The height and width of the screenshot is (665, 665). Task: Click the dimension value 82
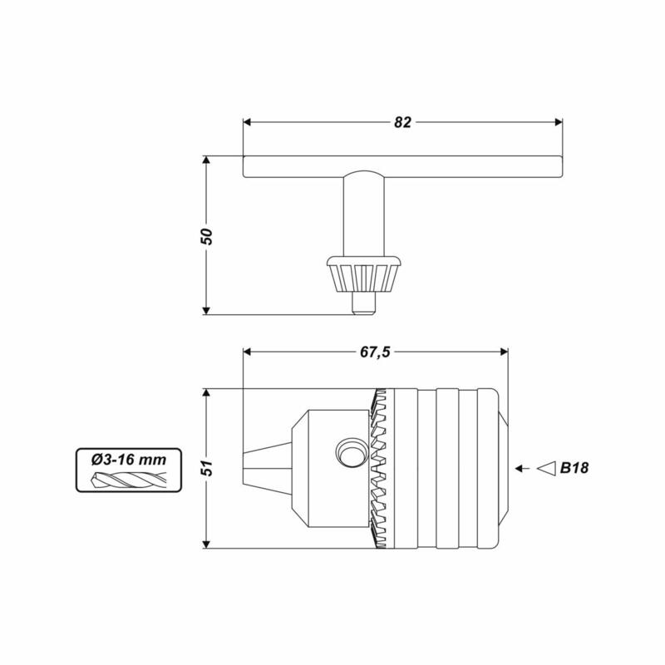(402, 122)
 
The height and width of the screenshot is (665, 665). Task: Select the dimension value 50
(206, 236)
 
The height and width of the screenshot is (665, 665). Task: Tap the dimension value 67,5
(375, 352)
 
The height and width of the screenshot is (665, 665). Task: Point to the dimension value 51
(206, 468)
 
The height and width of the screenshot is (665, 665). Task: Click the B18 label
(574, 468)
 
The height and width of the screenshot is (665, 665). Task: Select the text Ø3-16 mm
(129, 460)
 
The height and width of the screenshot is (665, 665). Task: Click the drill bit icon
(129, 480)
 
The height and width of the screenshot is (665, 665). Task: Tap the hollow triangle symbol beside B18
(546, 468)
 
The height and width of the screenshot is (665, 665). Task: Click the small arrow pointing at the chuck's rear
(523, 468)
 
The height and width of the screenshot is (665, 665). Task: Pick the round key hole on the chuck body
(351, 452)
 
